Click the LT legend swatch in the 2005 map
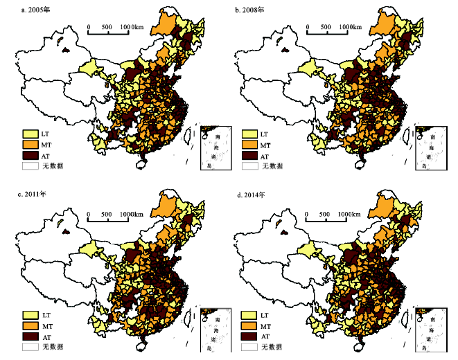tap(30, 134)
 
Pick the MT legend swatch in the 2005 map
tap(30, 145)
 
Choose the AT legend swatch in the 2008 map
tap(249, 156)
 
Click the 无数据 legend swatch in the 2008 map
tap(249, 167)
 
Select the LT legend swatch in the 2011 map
tap(30, 314)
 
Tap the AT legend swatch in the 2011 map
tap(30, 336)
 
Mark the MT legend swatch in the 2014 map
tap(249, 325)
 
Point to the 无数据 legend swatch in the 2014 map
tap(249, 347)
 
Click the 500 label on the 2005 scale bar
tap(106, 27)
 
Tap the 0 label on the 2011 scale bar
tap(88, 215)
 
